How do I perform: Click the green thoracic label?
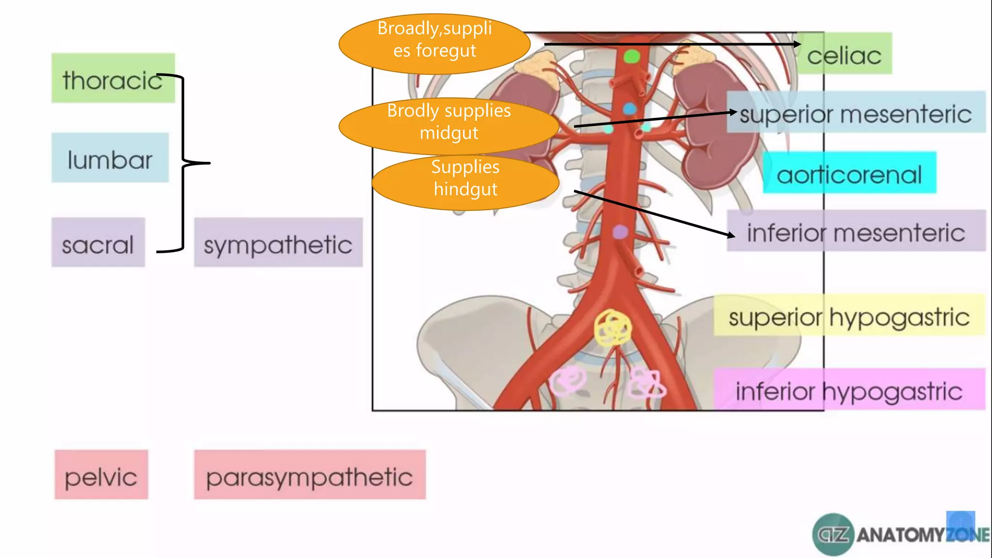point(112,78)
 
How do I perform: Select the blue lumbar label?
point(110,158)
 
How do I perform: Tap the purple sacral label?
point(98,242)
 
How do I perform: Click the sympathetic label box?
point(278,243)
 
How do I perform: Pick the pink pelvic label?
point(101,475)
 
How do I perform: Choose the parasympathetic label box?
point(310,475)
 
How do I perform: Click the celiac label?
point(844,54)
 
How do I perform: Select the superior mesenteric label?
point(855,112)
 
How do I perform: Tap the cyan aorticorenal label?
point(849,173)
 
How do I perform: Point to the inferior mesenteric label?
point(855,231)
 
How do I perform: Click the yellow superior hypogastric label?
point(849,315)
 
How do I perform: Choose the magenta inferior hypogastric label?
point(849,389)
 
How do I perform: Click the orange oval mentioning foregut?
point(434,44)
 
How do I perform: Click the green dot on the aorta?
point(632,57)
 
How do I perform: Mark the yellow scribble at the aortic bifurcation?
point(613,328)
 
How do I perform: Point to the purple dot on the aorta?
point(620,232)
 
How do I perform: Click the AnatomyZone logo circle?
point(833,535)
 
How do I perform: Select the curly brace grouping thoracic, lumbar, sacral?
point(183,163)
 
